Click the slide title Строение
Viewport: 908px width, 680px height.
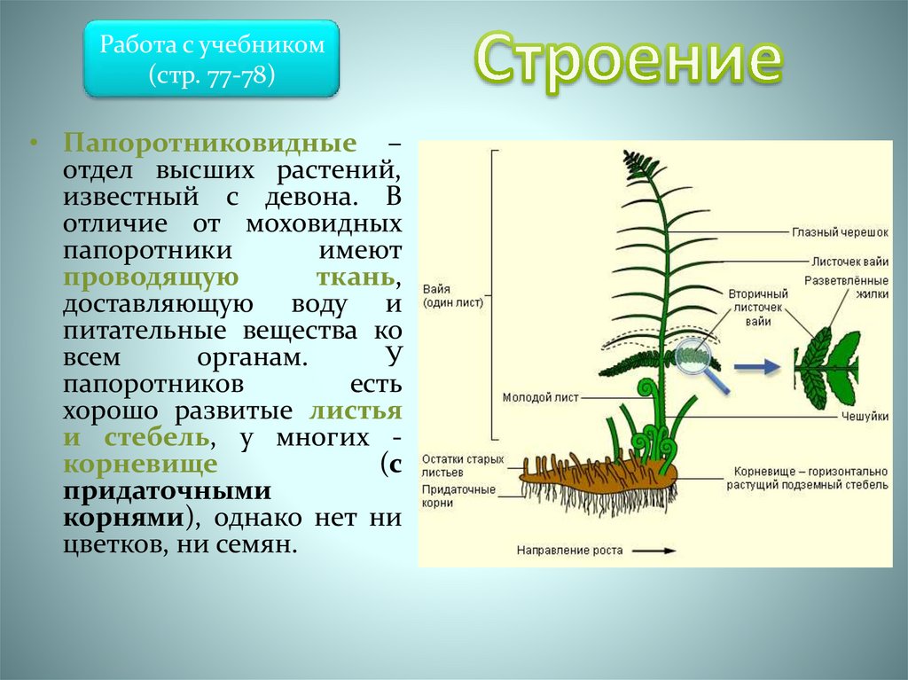629,61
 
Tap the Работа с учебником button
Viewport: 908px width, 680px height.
211,59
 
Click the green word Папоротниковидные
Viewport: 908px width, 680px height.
209,143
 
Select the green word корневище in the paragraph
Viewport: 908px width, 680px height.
140,464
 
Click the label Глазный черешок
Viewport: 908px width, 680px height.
840,232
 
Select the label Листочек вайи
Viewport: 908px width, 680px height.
849,262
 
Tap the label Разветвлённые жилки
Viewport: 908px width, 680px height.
846,287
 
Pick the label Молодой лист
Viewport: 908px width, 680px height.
540,397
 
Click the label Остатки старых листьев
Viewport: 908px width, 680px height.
463,465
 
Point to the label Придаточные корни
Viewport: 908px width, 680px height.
458,496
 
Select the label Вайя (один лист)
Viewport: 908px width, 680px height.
452,295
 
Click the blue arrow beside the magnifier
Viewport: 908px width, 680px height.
757,367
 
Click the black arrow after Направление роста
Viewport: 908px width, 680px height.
654,551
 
